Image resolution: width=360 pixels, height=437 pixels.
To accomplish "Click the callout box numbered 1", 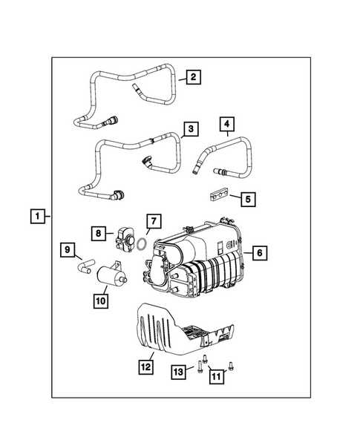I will coord(35,217).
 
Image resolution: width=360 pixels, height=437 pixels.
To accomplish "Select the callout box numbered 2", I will coord(192,76).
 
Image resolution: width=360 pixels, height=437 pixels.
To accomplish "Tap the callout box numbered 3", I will coord(191,129).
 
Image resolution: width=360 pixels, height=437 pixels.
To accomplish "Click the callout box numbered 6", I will coord(258,253).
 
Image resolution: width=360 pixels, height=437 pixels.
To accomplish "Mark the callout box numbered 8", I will coord(99,232).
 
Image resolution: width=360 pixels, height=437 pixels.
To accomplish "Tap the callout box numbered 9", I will coord(66,250).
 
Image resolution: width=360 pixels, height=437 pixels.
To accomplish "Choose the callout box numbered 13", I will coord(178,370).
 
